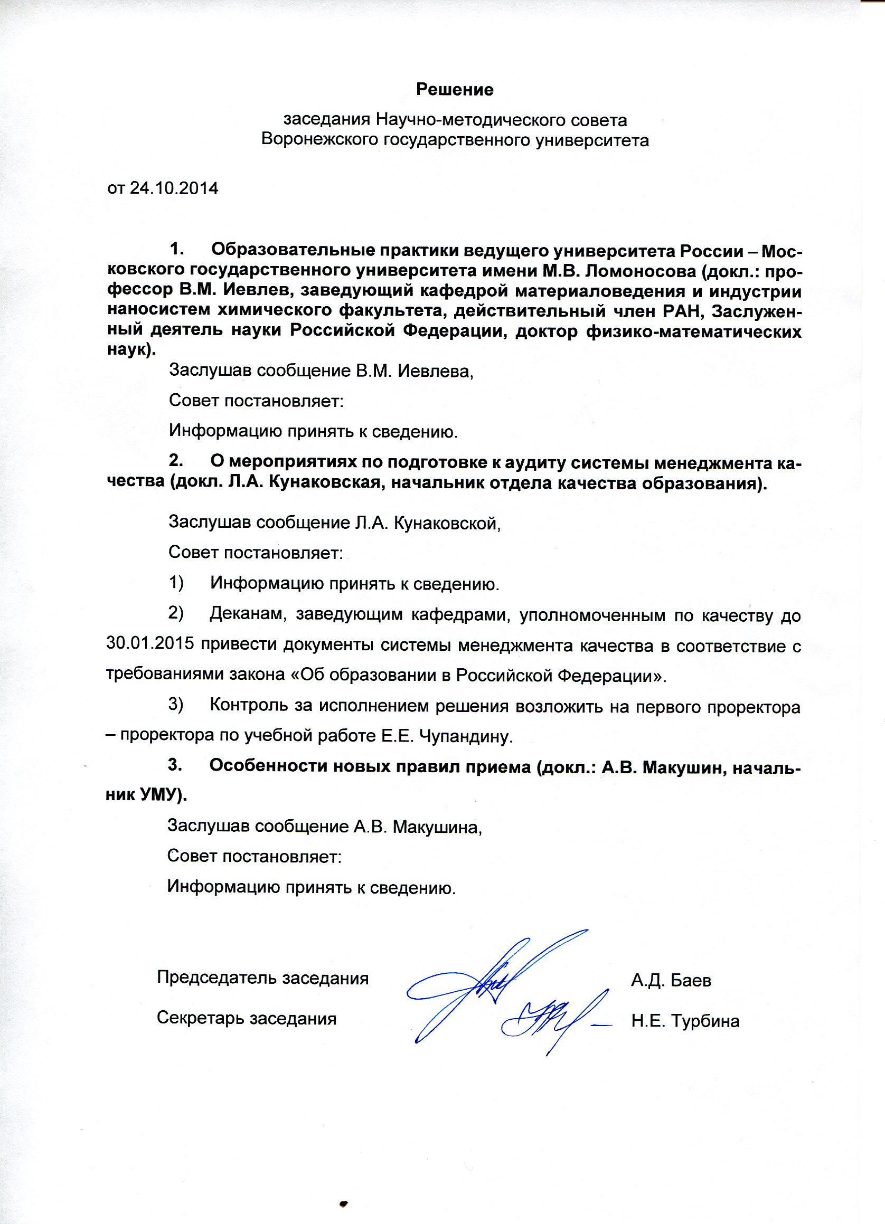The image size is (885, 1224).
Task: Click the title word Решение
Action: (x=454, y=90)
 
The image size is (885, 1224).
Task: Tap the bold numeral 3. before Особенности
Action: (x=174, y=765)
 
